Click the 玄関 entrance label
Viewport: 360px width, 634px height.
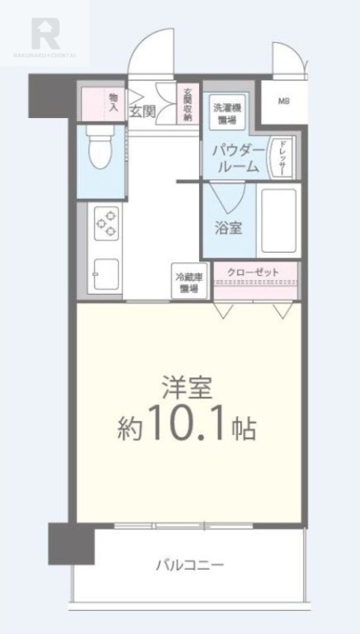coord(143,111)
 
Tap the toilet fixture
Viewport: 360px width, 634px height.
coord(100,150)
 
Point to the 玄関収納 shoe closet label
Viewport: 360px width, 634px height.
coord(188,103)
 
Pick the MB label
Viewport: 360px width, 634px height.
coord(283,101)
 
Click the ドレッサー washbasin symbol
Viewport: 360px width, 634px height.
coord(280,156)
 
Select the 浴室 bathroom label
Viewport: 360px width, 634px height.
coord(228,227)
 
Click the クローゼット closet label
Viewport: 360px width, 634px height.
coord(253,273)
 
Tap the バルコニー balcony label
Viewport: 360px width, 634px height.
coord(189,565)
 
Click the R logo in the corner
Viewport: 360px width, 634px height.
coord(45,33)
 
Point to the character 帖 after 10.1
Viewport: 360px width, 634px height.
coord(243,430)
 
